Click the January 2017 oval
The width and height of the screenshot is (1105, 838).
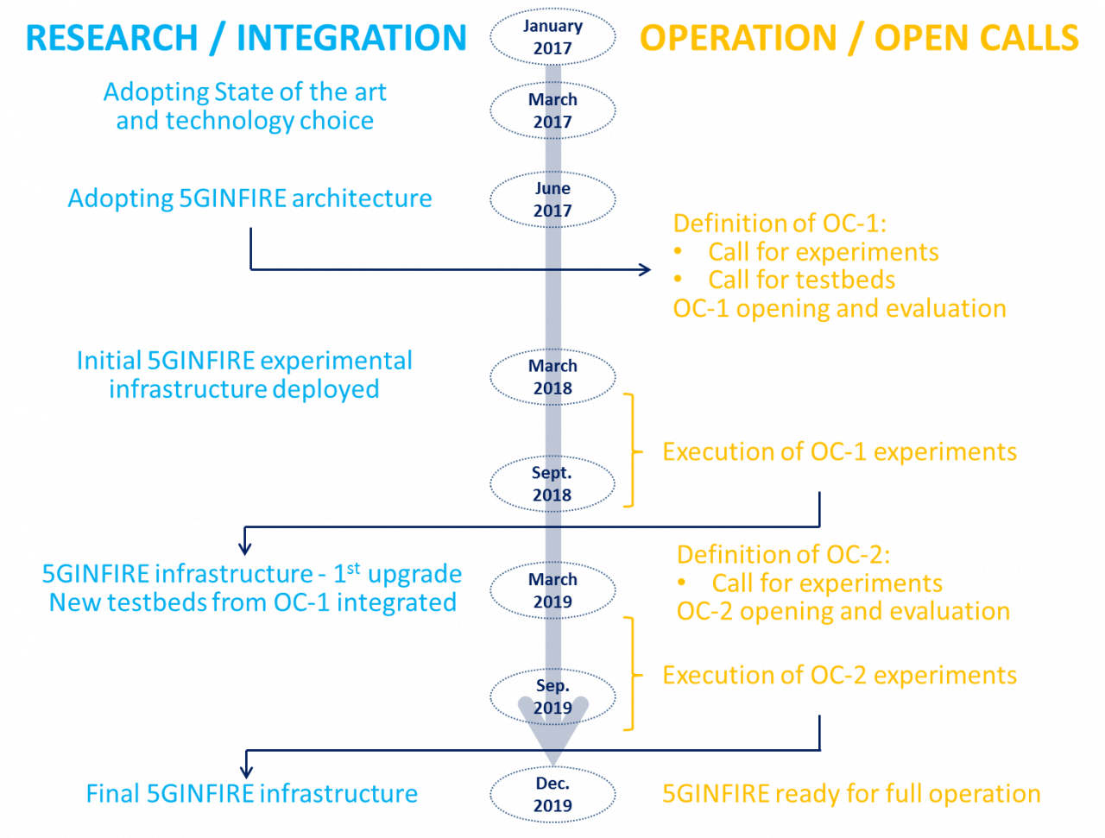[x=552, y=37]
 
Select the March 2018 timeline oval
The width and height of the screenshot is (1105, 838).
[x=552, y=377]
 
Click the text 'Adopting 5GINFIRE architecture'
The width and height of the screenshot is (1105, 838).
[x=250, y=198]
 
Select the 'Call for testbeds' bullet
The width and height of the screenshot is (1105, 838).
[x=801, y=280]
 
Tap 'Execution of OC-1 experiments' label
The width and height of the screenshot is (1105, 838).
[x=839, y=451]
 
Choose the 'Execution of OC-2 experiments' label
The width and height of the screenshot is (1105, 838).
[x=839, y=675]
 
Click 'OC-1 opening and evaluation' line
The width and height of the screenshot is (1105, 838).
[x=839, y=308]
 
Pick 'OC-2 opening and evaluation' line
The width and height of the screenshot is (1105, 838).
[x=843, y=611]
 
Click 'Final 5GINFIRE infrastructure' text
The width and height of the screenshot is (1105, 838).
[x=252, y=793]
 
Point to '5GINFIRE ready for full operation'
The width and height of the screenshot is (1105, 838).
[x=851, y=793]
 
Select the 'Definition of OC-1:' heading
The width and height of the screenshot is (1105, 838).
[x=780, y=224]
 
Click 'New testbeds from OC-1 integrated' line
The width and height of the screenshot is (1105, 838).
[x=253, y=602]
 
